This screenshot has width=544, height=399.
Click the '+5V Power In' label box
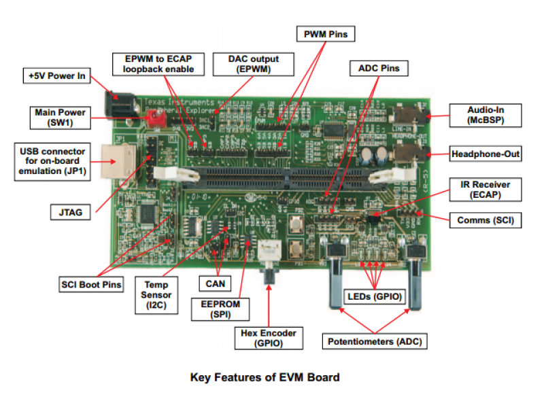pyautogui.click(x=58, y=75)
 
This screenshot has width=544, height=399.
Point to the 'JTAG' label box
pyautogui.click(x=67, y=213)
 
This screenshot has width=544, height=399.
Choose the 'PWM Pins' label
pyautogui.click(x=326, y=33)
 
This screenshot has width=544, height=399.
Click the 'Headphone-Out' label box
pyautogui.click(x=485, y=154)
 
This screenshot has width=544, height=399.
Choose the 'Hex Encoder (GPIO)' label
pyautogui.click(x=269, y=338)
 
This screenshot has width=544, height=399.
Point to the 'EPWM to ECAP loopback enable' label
pyautogui.click(x=158, y=64)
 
